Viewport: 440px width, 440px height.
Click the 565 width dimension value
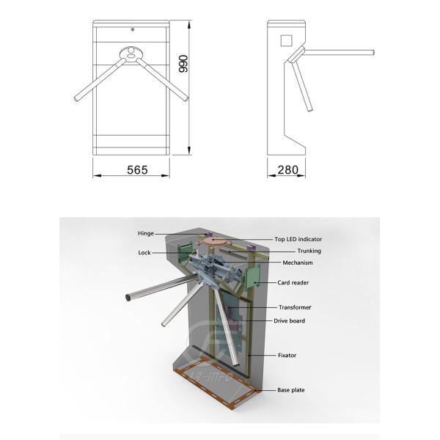pos(137,170)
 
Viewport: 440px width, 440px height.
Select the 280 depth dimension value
pos(287,170)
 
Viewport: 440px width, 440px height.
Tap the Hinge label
pos(146,233)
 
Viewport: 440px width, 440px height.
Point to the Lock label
pos(144,253)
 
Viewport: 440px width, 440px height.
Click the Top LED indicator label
pos(298,239)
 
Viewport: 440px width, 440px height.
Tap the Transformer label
pos(294,307)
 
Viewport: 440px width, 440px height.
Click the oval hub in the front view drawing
pos(131,53)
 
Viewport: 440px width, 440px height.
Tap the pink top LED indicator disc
pos(216,241)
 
